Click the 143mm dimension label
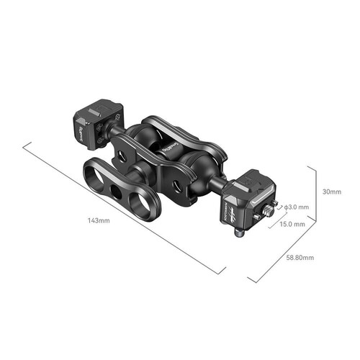pyautogui.click(x=100, y=220)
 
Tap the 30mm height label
pyautogui.click(x=332, y=192)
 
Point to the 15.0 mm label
pyautogui.click(x=292, y=224)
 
